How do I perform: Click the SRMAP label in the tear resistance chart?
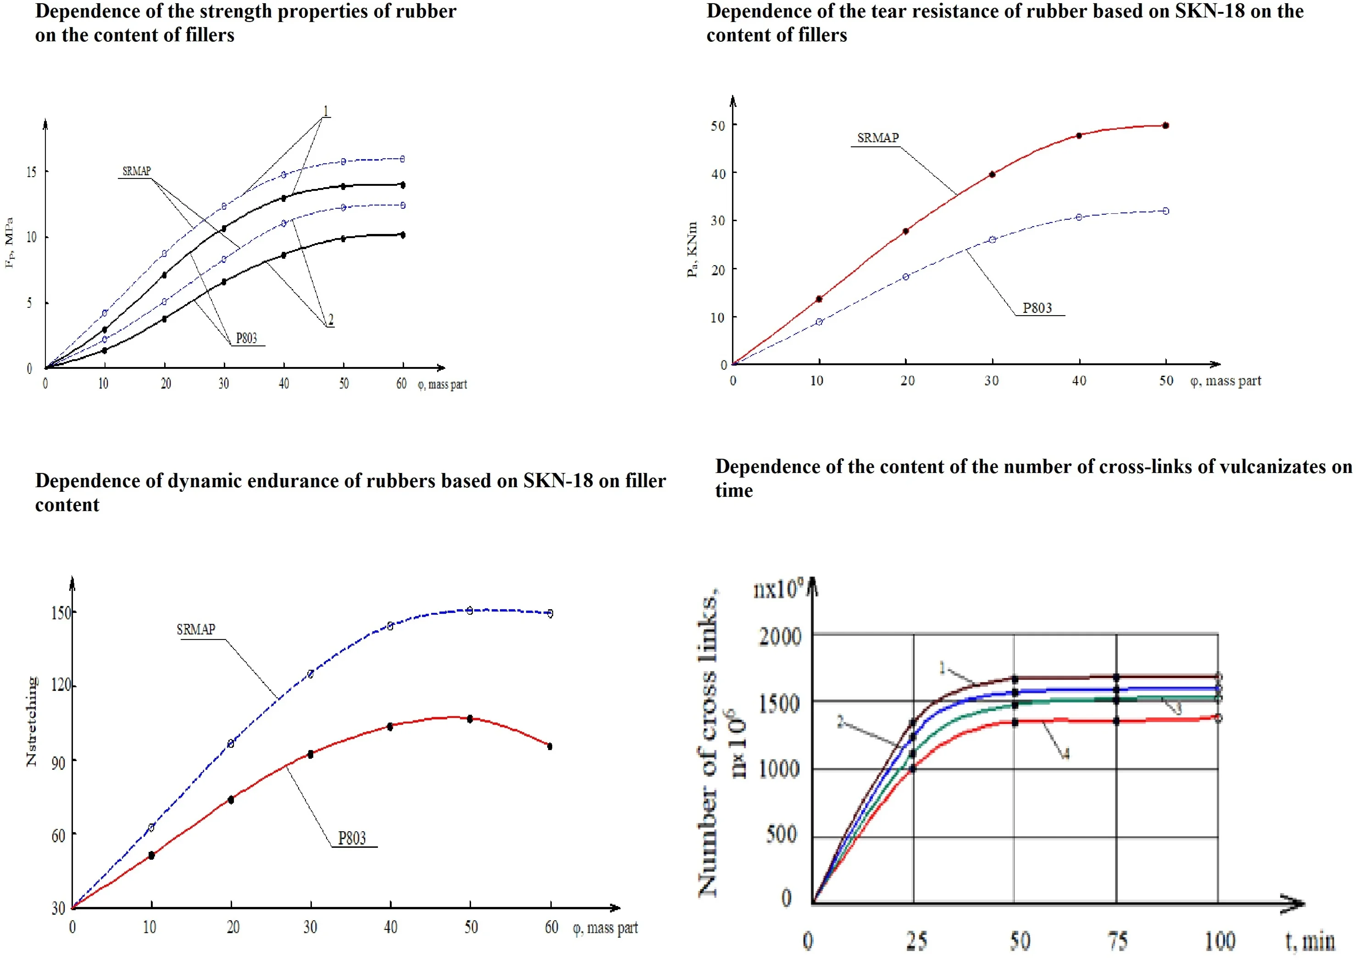(877, 138)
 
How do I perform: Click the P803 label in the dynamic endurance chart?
(352, 838)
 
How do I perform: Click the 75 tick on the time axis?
(1117, 941)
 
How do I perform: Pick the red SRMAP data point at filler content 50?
(1165, 126)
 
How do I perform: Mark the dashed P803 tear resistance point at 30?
(993, 239)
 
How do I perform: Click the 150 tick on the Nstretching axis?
(61, 612)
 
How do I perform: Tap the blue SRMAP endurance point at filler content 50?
(470, 610)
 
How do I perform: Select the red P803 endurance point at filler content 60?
(549, 746)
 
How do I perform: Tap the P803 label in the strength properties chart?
(246, 338)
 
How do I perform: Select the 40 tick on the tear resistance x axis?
(1079, 381)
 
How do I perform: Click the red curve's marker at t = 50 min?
(1015, 722)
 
